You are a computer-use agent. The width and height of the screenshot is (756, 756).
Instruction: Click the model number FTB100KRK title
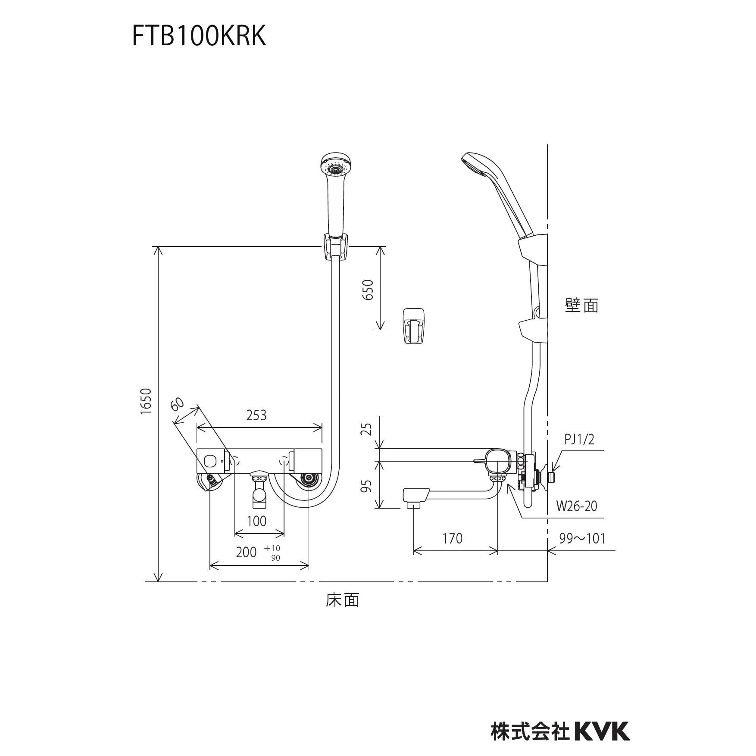(x=199, y=36)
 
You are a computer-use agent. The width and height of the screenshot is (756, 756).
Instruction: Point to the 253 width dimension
(x=256, y=415)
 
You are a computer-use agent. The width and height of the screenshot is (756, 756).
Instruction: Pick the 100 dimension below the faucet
(x=256, y=521)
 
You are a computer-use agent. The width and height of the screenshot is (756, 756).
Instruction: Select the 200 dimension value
(x=246, y=552)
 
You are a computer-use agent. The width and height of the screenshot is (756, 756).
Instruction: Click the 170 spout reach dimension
(x=452, y=538)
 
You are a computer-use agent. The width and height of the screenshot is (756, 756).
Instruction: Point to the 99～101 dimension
(x=582, y=538)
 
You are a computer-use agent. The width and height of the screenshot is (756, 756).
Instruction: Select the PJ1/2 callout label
(x=579, y=440)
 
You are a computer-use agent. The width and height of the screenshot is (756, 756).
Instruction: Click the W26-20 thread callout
(x=577, y=506)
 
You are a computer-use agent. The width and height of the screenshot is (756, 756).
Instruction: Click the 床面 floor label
(x=342, y=600)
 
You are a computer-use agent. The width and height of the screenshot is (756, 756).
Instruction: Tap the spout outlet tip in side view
(x=414, y=505)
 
